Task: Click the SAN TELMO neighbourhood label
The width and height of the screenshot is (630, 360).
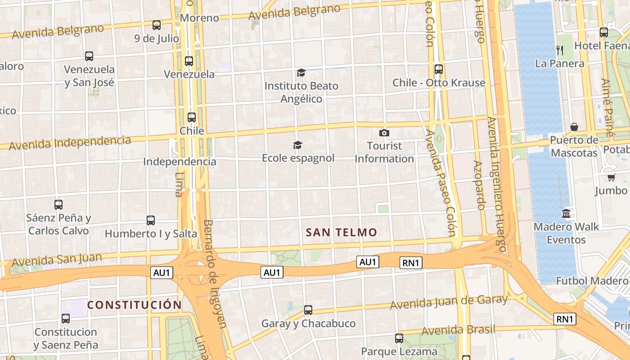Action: click(x=341, y=233)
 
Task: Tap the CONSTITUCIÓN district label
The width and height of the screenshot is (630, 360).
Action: click(x=134, y=305)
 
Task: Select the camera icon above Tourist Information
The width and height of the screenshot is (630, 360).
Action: click(x=384, y=133)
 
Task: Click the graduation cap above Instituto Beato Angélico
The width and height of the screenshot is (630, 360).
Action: click(x=301, y=72)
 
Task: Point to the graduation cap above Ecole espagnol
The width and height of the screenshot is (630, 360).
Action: click(x=297, y=145)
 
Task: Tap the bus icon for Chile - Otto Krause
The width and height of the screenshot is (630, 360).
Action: click(x=438, y=69)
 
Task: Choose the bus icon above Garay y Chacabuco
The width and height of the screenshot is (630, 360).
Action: click(x=308, y=310)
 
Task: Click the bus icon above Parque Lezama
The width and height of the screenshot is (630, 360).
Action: click(x=399, y=338)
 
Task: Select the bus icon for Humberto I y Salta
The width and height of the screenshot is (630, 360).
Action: click(x=151, y=220)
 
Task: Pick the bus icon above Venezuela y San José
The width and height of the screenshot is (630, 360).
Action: click(x=89, y=56)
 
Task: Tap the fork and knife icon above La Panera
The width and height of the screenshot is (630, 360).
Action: click(x=560, y=50)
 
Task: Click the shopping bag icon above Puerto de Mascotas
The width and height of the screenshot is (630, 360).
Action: click(x=574, y=127)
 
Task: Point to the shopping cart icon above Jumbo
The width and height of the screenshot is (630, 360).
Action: click(x=611, y=177)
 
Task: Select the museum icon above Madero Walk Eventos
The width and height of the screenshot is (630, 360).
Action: click(x=566, y=213)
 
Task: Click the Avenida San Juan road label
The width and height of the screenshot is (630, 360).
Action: click(x=57, y=260)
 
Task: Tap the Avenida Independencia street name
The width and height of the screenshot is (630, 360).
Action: click(x=70, y=143)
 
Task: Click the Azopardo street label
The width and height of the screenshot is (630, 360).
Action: click(x=479, y=185)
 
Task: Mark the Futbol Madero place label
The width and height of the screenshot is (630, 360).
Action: click(x=592, y=281)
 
